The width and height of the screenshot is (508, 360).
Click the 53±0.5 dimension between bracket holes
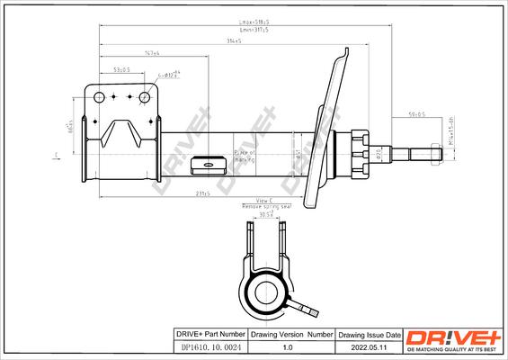click(120, 69)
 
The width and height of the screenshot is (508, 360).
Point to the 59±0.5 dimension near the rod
click(416, 114)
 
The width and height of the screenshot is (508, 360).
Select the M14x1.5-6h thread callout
click(457, 135)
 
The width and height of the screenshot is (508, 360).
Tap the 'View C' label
click(264, 200)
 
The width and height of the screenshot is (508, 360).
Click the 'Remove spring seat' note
click(264, 208)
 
